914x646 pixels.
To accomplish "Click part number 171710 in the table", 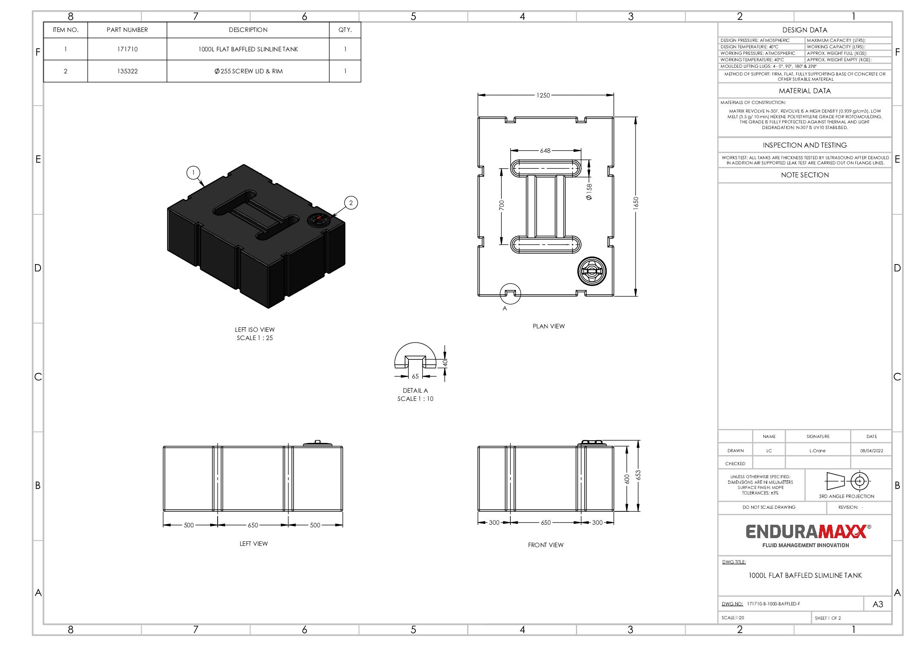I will click(127, 49).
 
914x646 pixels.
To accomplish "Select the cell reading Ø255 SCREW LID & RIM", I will click(248, 71).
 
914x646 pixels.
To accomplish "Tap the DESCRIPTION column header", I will click(248, 30).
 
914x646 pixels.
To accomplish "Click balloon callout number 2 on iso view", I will click(351, 203).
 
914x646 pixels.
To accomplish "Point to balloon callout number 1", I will click(193, 173).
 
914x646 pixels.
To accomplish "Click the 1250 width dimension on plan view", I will click(543, 95).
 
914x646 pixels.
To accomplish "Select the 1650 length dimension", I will click(636, 203).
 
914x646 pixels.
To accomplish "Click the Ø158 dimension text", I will click(589, 192).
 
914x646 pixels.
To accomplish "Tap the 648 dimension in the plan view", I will click(545, 151).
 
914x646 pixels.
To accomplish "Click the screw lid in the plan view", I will click(591, 271).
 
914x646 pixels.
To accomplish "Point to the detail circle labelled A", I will click(510, 294).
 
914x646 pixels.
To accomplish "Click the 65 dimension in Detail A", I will click(415, 376).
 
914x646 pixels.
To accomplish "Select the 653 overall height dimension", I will click(638, 475).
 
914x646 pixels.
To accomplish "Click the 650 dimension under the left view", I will click(253, 525).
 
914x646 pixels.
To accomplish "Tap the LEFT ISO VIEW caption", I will click(255, 330).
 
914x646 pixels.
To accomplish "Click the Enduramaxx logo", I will click(806, 535).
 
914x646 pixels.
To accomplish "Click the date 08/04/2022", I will click(871, 451).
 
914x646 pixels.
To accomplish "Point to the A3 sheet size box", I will click(877, 604).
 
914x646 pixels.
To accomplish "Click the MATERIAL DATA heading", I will click(804, 91).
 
